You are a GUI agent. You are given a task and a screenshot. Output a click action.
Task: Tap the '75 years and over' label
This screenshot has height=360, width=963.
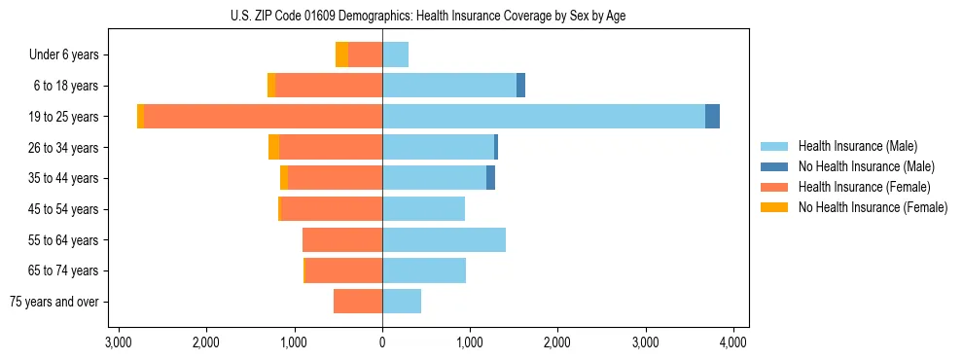click(53, 302)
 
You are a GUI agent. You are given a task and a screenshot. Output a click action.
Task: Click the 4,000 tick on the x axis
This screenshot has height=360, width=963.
click(732, 342)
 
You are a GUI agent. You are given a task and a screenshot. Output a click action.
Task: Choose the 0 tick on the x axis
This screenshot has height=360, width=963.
click(382, 342)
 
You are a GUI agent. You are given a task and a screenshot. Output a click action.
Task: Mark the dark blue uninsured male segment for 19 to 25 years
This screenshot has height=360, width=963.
click(712, 117)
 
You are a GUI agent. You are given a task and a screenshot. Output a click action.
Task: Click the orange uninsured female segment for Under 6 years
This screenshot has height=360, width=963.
click(341, 54)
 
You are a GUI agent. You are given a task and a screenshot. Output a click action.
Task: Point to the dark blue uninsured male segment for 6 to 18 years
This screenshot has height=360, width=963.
click(520, 86)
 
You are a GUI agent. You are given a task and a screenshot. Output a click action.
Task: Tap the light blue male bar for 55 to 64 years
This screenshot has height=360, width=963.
click(444, 240)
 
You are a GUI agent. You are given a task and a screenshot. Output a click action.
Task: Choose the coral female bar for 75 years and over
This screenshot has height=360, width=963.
click(358, 302)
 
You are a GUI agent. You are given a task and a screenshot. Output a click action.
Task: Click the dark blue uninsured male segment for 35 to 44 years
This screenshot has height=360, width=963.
click(490, 178)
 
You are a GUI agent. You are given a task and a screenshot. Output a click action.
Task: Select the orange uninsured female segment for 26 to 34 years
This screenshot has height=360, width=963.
click(273, 147)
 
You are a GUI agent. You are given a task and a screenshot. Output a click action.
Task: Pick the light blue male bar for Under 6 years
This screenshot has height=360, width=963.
click(395, 54)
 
